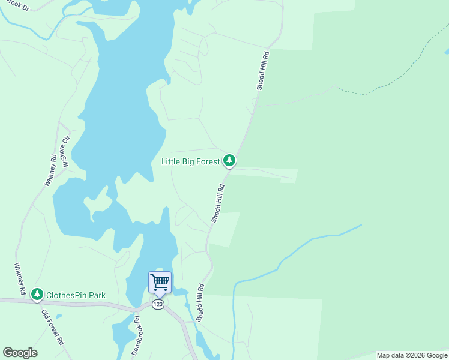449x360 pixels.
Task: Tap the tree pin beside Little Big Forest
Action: point(229,160)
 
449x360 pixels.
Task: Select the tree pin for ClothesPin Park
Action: point(38,294)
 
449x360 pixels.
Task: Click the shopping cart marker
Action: point(160,282)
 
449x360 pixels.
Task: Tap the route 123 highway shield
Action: point(158,304)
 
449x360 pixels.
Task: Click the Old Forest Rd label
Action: point(53,327)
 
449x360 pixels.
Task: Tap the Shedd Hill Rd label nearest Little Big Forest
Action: point(218,204)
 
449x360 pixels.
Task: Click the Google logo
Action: point(20,353)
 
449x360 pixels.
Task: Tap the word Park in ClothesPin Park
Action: point(95,295)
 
